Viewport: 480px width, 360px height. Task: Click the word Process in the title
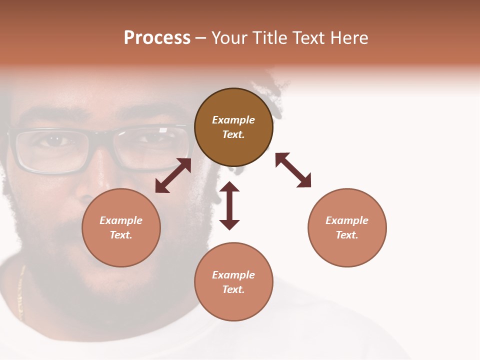(x=157, y=38)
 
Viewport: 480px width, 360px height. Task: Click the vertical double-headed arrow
(x=229, y=205)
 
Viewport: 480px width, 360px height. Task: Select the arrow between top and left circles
(x=173, y=175)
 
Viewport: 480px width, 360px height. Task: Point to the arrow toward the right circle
(x=293, y=170)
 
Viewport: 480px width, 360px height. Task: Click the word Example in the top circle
(x=233, y=120)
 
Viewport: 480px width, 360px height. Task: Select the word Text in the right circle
(x=346, y=235)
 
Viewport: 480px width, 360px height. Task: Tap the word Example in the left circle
(x=121, y=220)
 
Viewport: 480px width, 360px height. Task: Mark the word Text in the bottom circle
(x=233, y=289)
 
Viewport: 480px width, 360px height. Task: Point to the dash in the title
(x=200, y=38)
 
